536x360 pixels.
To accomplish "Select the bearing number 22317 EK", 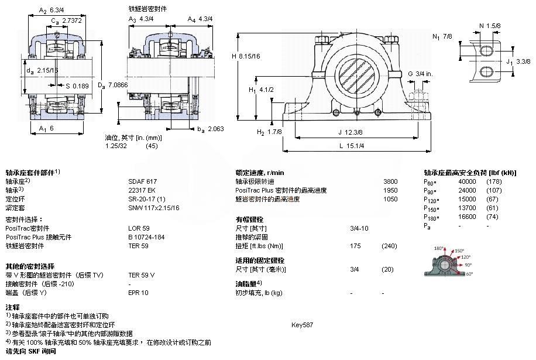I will [141, 190].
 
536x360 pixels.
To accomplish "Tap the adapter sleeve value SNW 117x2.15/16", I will [154, 208].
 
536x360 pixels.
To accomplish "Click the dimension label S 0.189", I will [77, 86].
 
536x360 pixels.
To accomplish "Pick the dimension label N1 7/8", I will [442, 36].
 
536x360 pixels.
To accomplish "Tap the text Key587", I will [302, 324].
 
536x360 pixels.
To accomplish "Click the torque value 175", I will [355, 246].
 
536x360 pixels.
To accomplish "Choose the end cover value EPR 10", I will [139, 293].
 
